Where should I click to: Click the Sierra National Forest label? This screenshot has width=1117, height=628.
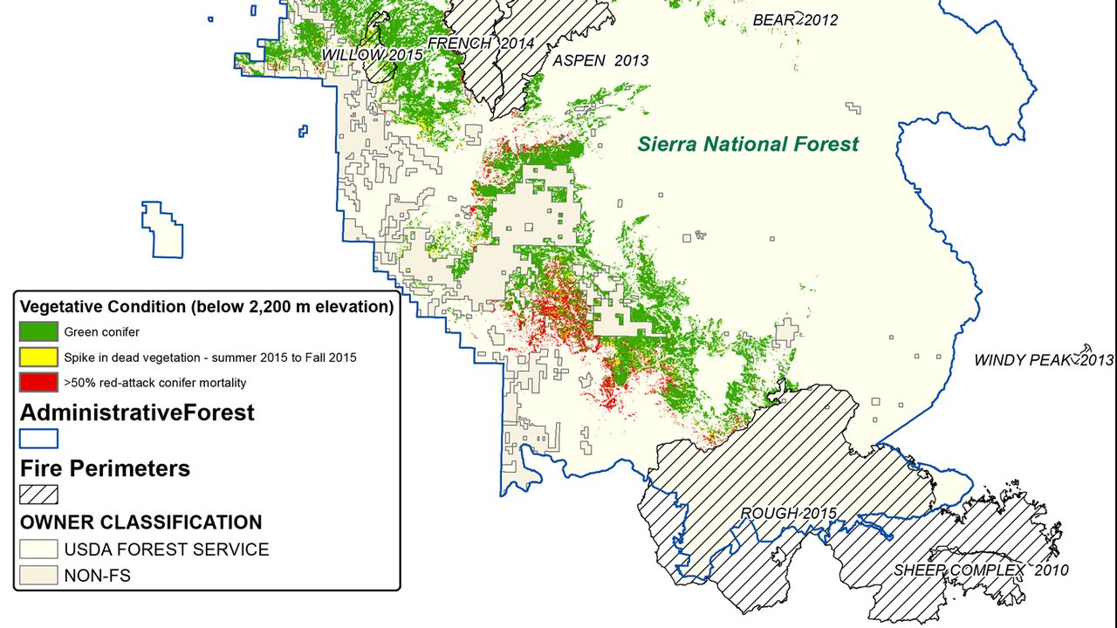(748, 144)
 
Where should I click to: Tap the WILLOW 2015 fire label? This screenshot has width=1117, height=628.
(372, 54)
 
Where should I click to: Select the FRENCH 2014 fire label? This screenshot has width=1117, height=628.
(480, 43)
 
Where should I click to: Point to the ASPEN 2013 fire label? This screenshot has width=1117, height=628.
(600, 60)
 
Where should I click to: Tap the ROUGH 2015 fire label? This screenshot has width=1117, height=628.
(788, 513)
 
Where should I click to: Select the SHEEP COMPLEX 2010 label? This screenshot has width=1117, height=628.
(980, 570)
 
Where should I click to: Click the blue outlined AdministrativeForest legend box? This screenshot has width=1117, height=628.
(38, 438)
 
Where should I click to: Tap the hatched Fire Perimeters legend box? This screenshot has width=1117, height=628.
(38, 494)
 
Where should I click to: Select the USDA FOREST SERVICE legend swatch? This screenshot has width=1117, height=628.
(38, 549)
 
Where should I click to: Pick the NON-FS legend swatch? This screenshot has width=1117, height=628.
(38, 575)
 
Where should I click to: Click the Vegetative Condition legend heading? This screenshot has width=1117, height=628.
(206, 307)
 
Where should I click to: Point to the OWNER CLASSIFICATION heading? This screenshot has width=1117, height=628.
(140, 522)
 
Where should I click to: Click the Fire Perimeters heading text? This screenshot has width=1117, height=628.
(105, 468)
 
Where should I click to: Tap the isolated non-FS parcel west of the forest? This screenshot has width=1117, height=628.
(164, 230)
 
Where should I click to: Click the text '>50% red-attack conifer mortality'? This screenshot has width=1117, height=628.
(154, 382)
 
